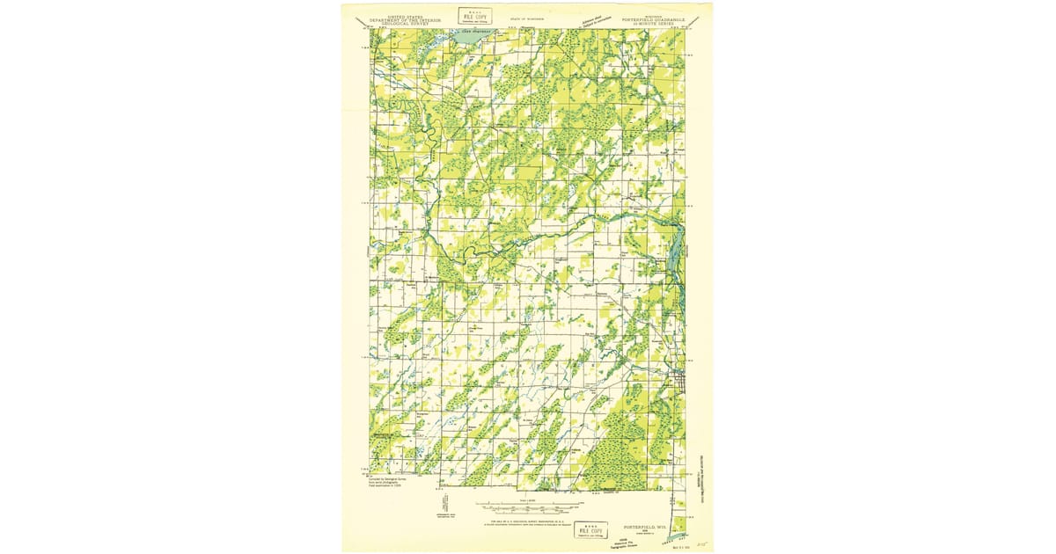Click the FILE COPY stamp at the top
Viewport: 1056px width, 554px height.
tap(475, 16)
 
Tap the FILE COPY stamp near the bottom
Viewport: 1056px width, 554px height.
tap(589, 528)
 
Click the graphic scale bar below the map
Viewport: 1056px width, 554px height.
tap(528, 507)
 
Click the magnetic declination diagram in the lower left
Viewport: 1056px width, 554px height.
tap(445, 506)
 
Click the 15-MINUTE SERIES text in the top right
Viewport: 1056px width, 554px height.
tap(653, 22)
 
